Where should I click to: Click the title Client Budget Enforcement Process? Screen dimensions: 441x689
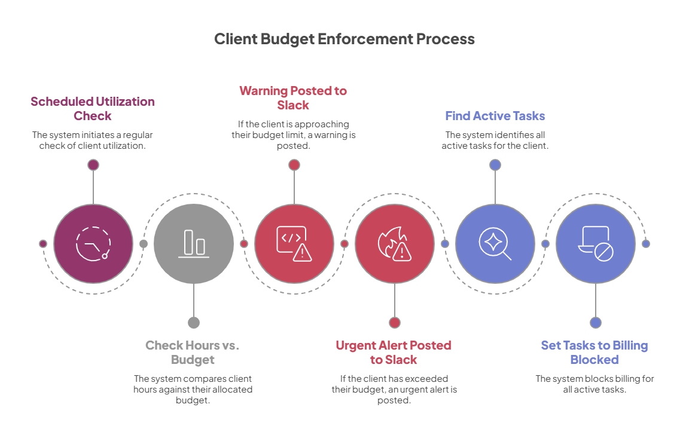[x=344, y=39]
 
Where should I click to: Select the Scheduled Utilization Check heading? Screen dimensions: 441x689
[x=93, y=108]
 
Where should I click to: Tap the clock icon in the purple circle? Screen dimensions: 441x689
[x=93, y=243]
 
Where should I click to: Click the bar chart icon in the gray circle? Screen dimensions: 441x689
[x=193, y=243]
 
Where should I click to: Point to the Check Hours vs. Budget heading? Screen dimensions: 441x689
[x=193, y=353]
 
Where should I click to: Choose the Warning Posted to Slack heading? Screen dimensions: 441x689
[x=293, y=98]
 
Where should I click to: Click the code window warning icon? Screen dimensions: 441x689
[x=294, y=243]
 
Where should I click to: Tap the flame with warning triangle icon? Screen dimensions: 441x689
[x=394, y=243]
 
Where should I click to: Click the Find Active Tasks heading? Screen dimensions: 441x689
[x=495, y=116]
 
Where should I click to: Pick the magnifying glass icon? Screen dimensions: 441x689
[x=495, y=243]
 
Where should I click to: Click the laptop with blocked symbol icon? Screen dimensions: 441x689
[x=595, y=243]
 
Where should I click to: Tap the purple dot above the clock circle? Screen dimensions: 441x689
[x=93, y=165]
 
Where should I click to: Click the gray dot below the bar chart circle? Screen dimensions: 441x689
[x=193, y=323]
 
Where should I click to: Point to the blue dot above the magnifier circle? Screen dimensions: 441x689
[x=495, y=165]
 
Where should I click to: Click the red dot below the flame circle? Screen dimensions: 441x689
[x=394, y=323]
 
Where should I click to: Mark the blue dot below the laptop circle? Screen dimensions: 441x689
[x=595, y=323]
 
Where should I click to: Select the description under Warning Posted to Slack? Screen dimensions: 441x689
[x=293, y=135]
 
